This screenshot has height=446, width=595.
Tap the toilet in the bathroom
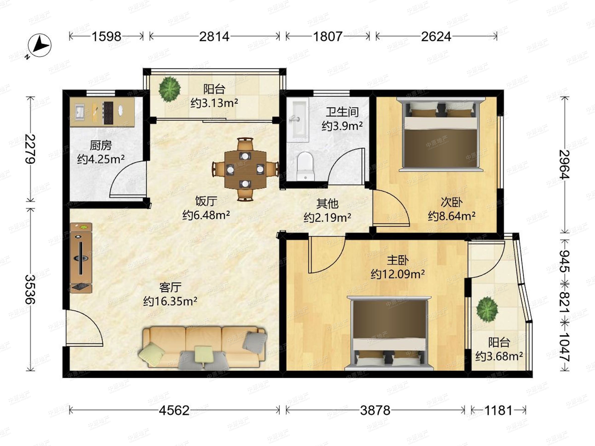306,166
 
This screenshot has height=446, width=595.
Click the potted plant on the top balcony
170,89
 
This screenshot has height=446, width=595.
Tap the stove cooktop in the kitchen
108,112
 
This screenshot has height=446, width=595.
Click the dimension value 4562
174,411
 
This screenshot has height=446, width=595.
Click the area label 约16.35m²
170,301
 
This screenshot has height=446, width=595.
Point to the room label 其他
327,203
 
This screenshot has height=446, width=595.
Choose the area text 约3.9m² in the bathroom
342,126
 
